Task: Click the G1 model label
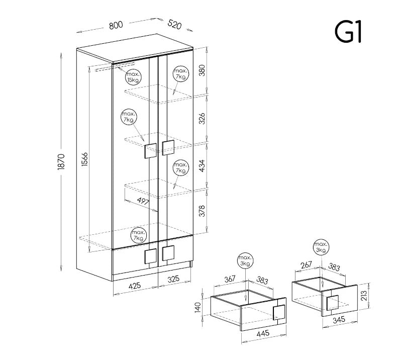click(x=348, y=32)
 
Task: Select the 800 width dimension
click(x=116, y=25)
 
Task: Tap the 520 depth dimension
click(x=174, y=24)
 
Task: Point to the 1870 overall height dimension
click(x=61, y=162)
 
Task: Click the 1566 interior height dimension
click(x=84, y=159)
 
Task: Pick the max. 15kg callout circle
click(x=134, y=77)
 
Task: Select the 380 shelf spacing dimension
click(x=203, y=70)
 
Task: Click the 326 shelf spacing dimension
click(x=203, y=118)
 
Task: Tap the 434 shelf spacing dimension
click(x=203, y=166)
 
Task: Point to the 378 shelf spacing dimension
click(x=203, y=211)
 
